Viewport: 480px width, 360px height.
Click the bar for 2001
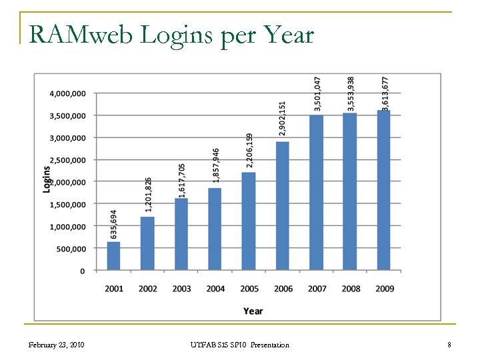click(x=114, y=256)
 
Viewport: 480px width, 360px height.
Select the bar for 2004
click(x=215, y=229)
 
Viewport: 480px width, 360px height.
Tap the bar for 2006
click(x=283, y=206)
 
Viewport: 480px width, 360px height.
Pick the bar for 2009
click(x=384, y=190)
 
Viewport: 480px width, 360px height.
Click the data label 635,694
click(x=114, y=225)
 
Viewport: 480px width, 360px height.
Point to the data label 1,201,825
click(x=148, y=195)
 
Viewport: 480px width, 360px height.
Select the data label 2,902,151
click(x=283, y=119)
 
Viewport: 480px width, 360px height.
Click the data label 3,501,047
click(x=317, y=93)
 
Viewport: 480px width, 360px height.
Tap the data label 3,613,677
click(x=385, y=93)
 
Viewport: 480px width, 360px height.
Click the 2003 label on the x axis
click(x=181, y=289)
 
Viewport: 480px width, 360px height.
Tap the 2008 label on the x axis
click(x=351, y=289)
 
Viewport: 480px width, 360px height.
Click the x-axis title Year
click(x=253, y=311)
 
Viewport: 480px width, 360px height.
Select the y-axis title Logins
click(x=47, y=179)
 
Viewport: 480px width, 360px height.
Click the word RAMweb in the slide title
click(x=81, y=35)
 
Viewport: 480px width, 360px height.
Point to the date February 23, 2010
click(x=56, y=345)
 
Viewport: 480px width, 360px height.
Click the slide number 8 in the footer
click(x=449, y=345)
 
